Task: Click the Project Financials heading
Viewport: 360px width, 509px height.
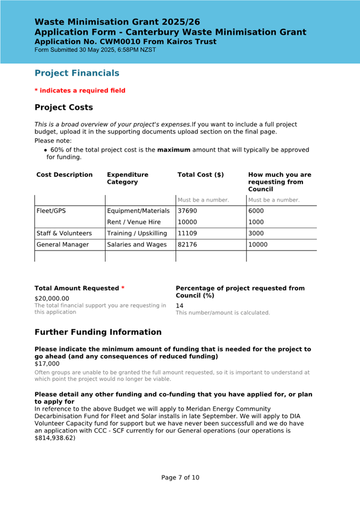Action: (77, 73)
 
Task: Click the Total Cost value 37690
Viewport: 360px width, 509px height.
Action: (187, 211)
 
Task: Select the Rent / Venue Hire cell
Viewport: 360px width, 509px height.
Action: (134, 222)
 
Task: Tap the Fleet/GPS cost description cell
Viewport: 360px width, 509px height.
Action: (51, 211)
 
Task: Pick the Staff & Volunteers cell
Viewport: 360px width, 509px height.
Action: (64, 233)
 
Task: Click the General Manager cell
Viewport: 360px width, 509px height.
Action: (62, 245)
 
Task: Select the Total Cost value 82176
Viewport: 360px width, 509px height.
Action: (187, 245)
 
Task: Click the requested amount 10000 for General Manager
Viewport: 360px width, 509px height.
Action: (258, 245)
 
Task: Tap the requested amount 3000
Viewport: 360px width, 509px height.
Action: (256, 233)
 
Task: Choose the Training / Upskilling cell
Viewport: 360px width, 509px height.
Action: (137, 233)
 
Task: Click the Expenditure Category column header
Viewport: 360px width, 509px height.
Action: (128, 178)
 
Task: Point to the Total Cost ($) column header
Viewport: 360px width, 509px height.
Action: (201, 175)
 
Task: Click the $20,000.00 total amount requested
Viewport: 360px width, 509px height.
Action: (52, 298)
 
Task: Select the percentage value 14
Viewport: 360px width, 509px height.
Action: (180, 306)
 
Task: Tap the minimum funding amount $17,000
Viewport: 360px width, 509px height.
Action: (47, 363)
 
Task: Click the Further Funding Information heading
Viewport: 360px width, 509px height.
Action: (98, 332)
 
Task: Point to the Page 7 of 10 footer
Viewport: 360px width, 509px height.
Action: (180, 478)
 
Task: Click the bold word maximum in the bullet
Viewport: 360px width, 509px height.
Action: (173, 150)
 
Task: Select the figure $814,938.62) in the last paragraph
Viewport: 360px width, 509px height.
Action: (55, 438)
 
